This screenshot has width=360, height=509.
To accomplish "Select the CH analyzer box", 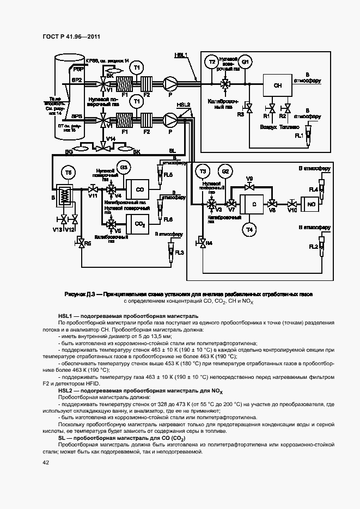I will tap(277, 86).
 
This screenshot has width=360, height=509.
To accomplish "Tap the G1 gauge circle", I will tap(245, 62).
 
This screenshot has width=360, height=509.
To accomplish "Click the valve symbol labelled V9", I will tap(250, 187).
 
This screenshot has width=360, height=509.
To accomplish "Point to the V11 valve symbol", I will tap(94, 189).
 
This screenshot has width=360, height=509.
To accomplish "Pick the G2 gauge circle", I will tap(227, 172).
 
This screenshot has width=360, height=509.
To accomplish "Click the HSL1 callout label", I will tap(181, 55).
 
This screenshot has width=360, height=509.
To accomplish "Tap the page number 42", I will tap(46, 462).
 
